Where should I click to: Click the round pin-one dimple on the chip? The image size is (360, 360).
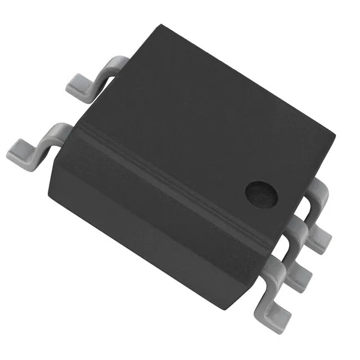point(262,195)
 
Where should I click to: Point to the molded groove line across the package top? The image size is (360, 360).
point(169,163)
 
